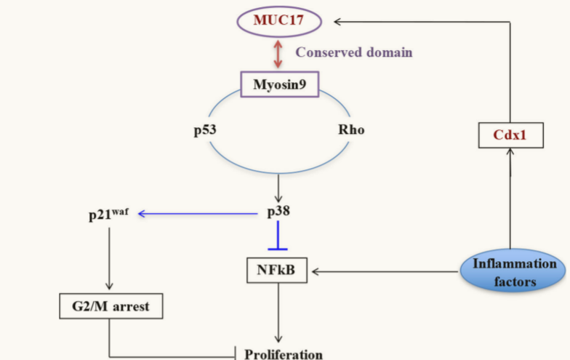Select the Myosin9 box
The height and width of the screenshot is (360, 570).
pos(279,85)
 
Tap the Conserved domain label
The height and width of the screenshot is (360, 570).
pos(353,52)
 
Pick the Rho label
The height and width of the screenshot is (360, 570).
pos(350,131)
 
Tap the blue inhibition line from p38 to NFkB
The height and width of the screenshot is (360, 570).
pos(277,236)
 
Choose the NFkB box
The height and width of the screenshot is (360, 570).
pos(277,272)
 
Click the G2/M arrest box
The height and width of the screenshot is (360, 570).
pos(111,306)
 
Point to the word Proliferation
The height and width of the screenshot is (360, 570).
pos(283,354)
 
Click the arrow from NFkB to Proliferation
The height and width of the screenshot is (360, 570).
pos(277,313)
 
